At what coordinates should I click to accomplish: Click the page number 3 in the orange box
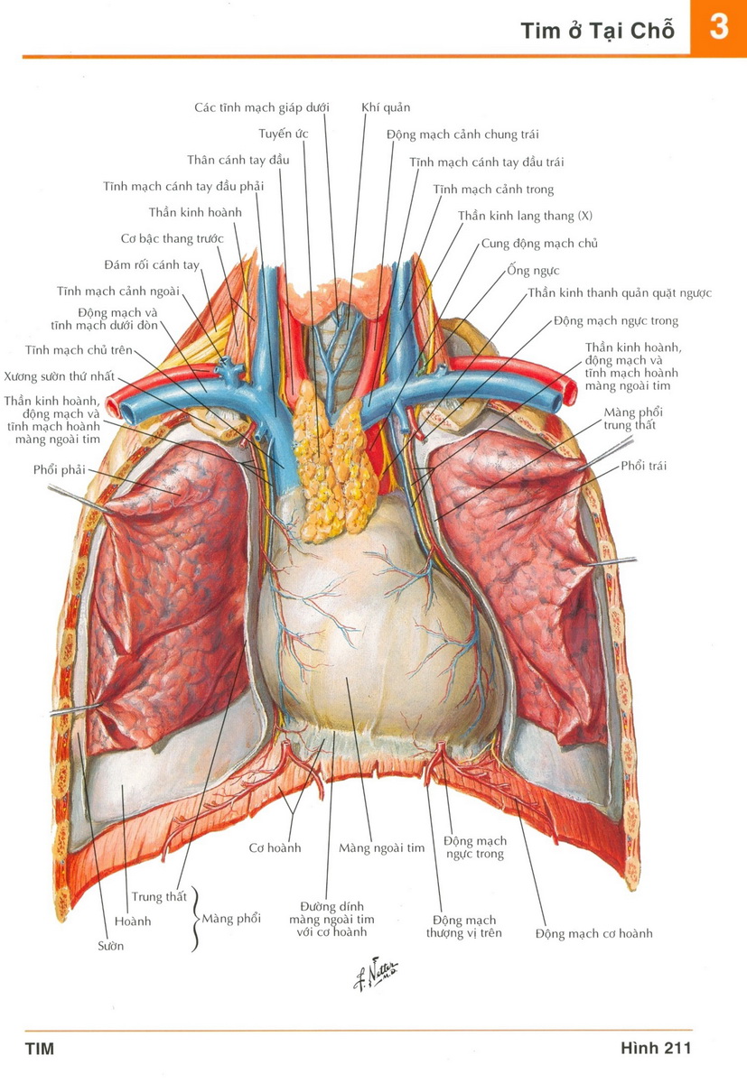718,27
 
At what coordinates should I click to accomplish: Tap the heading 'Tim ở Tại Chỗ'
597,31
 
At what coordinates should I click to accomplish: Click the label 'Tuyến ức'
284,134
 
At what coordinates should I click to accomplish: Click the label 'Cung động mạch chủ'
539,244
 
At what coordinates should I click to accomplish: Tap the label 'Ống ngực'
533,271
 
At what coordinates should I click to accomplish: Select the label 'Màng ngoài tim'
381,848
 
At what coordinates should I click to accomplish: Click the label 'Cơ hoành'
275,848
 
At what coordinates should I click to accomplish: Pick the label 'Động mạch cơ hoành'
593,933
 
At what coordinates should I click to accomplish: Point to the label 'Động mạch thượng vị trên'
463,926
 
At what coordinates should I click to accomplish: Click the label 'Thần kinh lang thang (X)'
525,216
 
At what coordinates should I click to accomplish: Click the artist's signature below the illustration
375,974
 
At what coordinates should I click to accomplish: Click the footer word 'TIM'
40,1049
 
